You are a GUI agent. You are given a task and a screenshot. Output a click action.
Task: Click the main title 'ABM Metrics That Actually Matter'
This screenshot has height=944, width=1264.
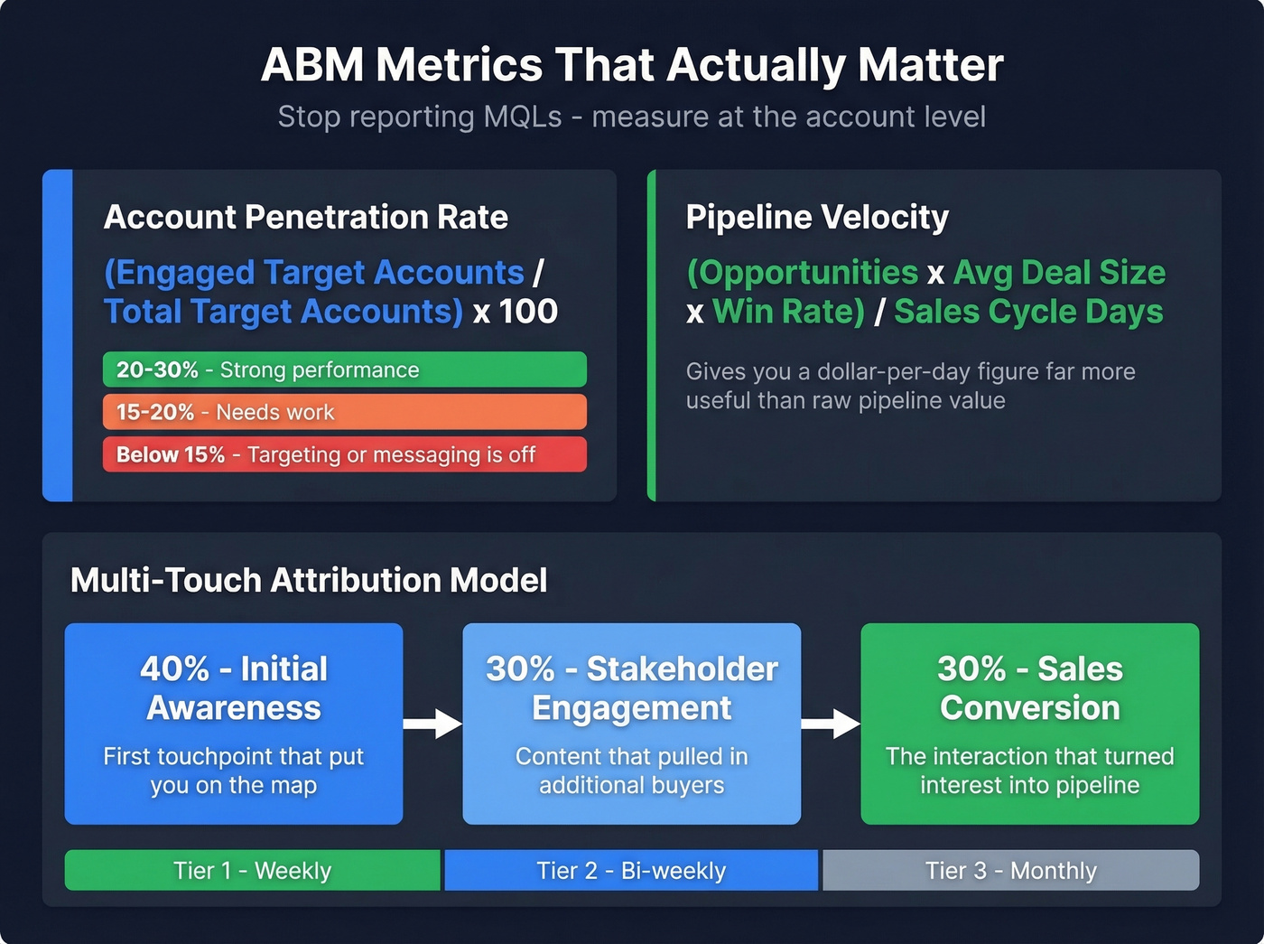(632, 66)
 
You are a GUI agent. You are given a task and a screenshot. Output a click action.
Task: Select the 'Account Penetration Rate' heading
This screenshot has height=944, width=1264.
(305, 218)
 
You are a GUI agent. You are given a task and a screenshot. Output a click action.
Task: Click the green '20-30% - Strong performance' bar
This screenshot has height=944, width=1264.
(344, 369)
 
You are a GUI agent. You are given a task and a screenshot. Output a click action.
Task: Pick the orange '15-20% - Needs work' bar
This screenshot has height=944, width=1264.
(344, 412)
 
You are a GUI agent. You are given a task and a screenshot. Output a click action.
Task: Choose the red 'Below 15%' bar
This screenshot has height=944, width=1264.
(344, 454)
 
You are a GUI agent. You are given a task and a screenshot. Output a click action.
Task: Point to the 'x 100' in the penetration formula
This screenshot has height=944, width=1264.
(516, 312)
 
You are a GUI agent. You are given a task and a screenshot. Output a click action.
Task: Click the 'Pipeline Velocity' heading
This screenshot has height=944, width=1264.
(817, 218)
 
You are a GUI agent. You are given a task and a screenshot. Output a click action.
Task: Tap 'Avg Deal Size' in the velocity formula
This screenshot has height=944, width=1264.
(1059, 273)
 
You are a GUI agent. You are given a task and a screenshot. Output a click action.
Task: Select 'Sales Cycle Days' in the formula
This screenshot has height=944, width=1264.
(1028, 312)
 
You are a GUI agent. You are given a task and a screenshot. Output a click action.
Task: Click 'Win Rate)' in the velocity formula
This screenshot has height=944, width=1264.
(788, 312)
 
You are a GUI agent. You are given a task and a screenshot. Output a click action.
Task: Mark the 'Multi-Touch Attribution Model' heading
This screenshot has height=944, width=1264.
(309, 580)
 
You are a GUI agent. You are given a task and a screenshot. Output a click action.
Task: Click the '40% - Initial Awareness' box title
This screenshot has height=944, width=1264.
(234, 688)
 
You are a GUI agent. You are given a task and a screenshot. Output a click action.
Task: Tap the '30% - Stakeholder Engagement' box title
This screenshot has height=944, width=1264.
(631, 688)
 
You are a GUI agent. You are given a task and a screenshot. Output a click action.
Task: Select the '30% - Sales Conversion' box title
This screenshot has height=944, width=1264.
(1029, 688)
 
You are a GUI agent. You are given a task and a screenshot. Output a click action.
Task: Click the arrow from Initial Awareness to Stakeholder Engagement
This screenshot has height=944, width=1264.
(432, 724)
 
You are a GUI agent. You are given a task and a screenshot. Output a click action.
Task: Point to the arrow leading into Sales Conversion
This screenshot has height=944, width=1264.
(831, 724)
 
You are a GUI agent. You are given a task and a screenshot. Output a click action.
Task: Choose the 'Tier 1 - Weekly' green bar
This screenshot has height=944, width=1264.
(252, 871)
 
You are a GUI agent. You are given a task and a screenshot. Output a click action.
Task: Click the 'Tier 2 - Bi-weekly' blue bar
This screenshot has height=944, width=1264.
(631, 871)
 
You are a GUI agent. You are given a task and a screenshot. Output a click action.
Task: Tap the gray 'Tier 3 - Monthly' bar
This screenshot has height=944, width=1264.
(1010, 871)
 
